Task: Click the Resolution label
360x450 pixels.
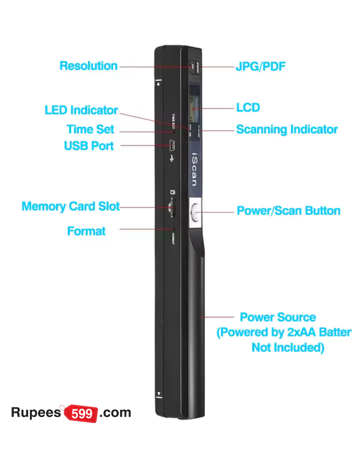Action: tap(88, 66)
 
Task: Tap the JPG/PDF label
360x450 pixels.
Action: tap(260, 66)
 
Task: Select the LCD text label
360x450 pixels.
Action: tap(248, 108)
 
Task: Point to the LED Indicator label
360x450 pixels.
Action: tap(81, 110)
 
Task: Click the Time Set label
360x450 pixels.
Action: tap(90, 130)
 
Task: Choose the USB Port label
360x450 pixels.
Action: tap(88, 146)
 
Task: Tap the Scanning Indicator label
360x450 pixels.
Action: tap(286, 130)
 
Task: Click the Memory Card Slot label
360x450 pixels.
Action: tap(70, 206)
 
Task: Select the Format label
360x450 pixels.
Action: tap(86, 231)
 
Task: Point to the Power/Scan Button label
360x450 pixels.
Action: tap(288, 211)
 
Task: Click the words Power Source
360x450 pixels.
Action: tap(277, 317)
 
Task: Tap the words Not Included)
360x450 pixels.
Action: tap(287, 348)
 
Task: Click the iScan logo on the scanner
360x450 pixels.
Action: tap(195, 169)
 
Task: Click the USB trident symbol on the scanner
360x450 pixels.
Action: tap(172, 160)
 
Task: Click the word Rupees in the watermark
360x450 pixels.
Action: tap(36, 413)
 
